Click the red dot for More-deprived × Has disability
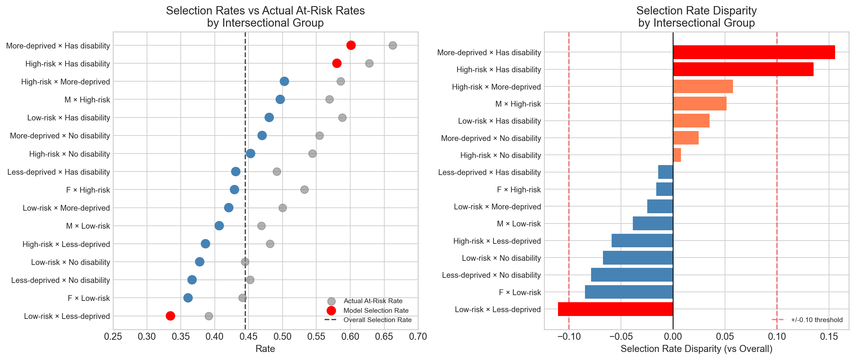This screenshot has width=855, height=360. (351, 45)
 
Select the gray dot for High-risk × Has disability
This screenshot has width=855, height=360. (369, 64)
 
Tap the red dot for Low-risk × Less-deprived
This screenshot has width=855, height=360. (170, 316)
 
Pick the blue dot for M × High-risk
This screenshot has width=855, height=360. (280, 99)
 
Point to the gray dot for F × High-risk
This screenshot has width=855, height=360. (304, 189)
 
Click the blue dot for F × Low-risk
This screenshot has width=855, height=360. (188, 298)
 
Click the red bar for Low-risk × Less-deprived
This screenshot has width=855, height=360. (615, 309)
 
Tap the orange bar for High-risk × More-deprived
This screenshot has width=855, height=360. (702, 86)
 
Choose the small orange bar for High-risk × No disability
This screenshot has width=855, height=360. (677, 155)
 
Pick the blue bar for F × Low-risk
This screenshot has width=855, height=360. (629, 292)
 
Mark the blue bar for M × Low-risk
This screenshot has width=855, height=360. (652, 224)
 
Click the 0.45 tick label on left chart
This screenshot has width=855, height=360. (248, 337)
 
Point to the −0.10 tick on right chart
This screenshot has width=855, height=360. (569, 337)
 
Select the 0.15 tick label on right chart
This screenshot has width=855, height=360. (829, 337)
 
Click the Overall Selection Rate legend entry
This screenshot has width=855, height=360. (377, 320)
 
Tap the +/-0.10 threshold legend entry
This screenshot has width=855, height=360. (816, 320)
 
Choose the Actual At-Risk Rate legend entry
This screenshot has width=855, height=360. (373, 301)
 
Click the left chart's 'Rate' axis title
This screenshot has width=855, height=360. (265, 349)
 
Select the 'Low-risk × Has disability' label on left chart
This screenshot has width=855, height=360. (68, 118)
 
